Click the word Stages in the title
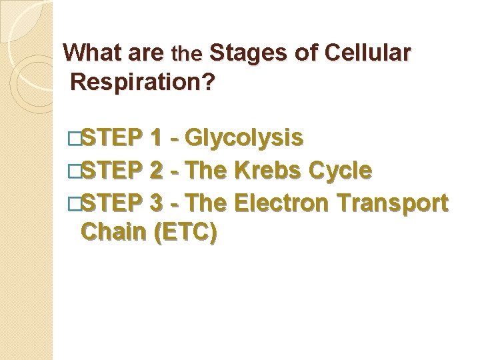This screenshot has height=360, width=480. (x=249, y=53)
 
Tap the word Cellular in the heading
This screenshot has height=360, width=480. (x=371, y=53)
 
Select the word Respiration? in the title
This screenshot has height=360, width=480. (x=142, y=83)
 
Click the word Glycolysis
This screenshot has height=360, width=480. (x=245, y=139)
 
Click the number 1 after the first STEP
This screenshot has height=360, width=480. (x=156, y=139)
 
